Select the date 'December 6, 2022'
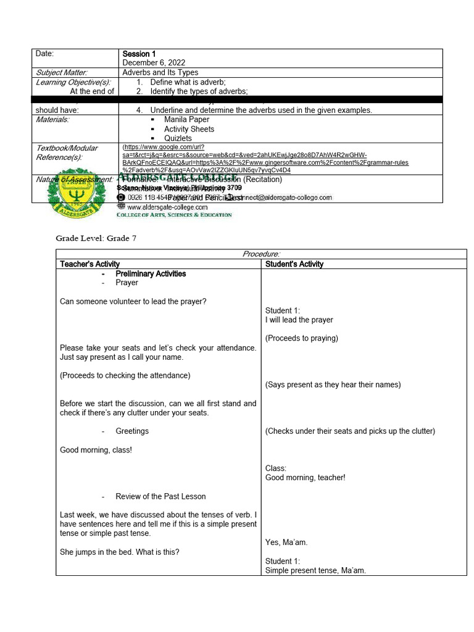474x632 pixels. click(x=154, y=63)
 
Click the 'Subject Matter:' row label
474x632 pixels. click(x=62, y=72)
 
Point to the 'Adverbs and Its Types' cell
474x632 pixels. click(x=160, y=72)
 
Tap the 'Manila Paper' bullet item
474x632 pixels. click(x=186, y=119)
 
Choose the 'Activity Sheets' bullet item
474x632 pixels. click(x=189, y=129)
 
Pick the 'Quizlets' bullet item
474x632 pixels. click(x=178, y=138)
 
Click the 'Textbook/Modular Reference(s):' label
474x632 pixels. click(x=67, y=152)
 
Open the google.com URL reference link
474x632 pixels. click(x=265, y=159)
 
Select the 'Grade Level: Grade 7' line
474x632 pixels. click(x=96, y=238)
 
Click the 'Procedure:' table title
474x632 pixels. click(x=261, y=254)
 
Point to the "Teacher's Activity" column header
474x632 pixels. click(x=89, y=264)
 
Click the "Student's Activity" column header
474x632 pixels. click(x=294, y=264)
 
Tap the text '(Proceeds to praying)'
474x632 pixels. click(x=302, y=338)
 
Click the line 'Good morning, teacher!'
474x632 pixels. click(x=305, y=477)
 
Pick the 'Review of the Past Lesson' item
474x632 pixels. click(x=160, y=496)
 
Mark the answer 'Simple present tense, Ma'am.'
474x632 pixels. click(x=315, y=570)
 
